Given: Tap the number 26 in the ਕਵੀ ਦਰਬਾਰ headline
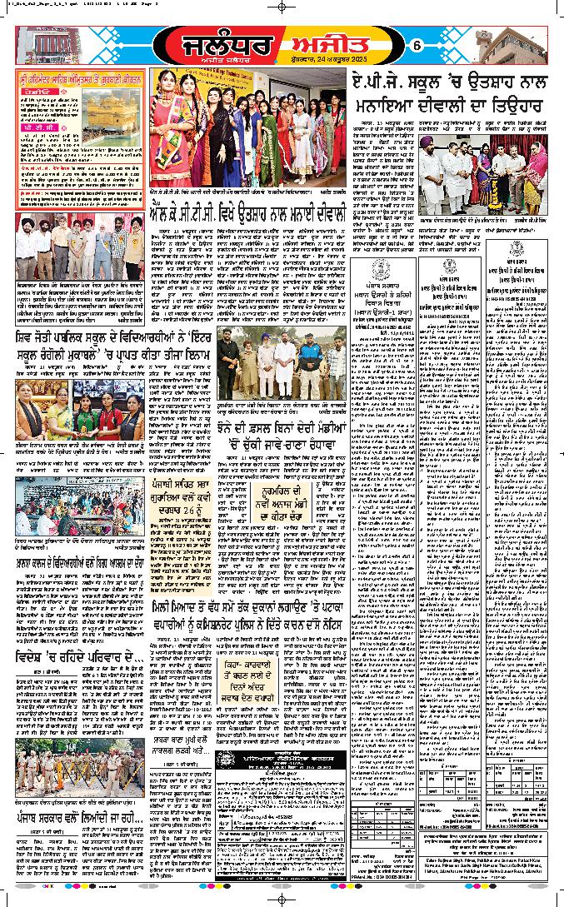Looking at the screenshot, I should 197,504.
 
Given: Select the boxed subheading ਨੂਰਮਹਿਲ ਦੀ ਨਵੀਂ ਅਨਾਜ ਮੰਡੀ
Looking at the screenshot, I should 315,498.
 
